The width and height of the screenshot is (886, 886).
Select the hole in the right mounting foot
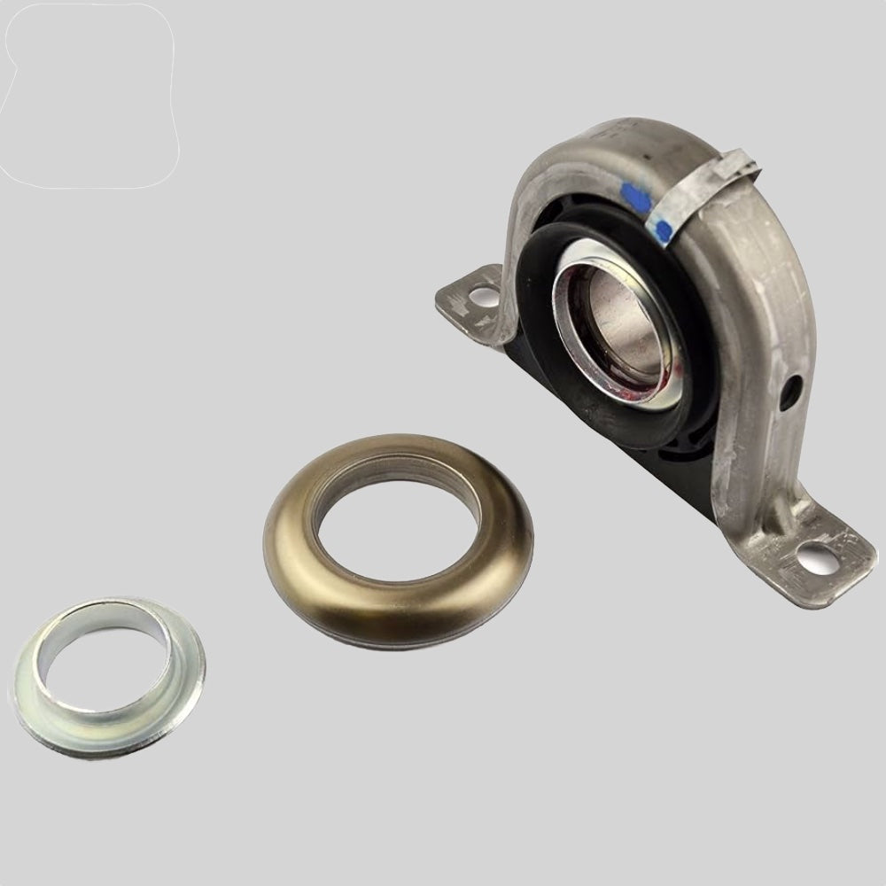(812, 557)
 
